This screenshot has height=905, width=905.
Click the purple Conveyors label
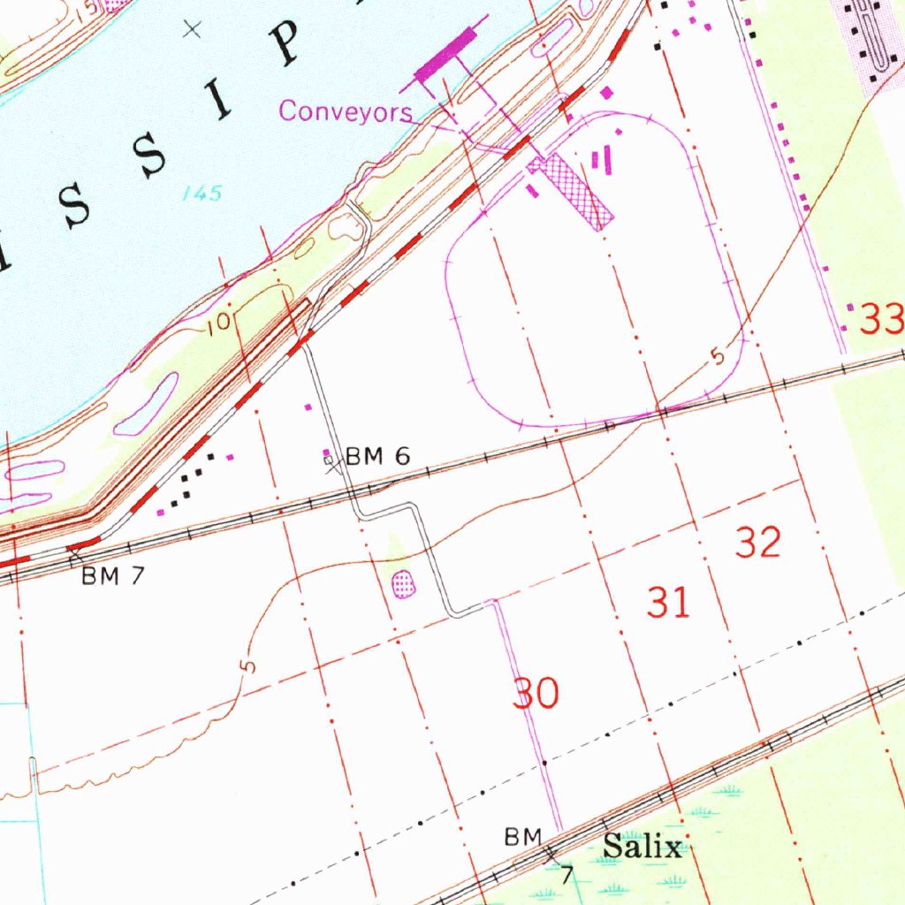pos(346,112)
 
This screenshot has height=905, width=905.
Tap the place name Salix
pos(643,848)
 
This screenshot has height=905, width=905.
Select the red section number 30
pos(536,695)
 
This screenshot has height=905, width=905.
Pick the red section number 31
pos(668,604)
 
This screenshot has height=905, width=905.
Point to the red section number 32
pos(758,543)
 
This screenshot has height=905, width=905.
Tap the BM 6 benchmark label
pos(377,457)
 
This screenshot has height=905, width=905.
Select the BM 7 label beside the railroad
pos(112,576)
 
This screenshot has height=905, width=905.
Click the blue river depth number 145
pos(202,194)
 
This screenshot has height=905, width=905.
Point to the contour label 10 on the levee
pos(221,321)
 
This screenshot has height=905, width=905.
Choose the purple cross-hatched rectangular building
pos(571,193)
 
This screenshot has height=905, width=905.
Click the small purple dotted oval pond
pos(403,583)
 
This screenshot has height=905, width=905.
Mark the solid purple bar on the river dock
pos(445,55)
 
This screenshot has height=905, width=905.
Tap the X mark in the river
pos(191,29)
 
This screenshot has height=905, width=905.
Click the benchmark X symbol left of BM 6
pos(331,460)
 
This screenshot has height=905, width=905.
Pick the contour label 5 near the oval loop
pos(717,358)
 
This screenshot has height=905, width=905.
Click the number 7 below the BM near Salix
pos(568,875)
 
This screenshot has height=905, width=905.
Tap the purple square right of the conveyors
pos(606,92)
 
